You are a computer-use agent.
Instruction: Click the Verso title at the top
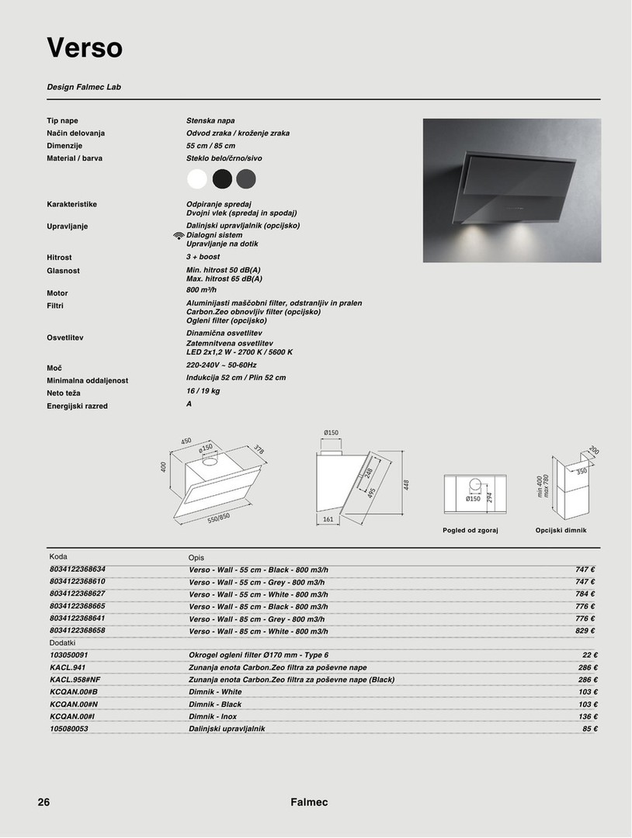coord(85,48)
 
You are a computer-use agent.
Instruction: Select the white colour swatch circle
coord(197,179)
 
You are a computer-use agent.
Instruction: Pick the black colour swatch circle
coord(222,179)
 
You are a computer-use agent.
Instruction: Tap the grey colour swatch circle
coord(245,179)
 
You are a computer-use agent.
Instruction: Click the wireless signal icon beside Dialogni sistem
coord(179,235)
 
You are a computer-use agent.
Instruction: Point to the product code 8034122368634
coord(77,569)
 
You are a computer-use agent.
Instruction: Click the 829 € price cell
coord(585,632)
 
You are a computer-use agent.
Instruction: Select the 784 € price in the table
coord(585,594)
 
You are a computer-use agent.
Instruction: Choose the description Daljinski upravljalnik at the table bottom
coord(227,729)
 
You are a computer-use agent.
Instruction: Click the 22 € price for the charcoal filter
coord(589,655)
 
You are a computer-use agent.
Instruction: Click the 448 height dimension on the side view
coord(405,486)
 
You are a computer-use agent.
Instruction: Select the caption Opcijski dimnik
coord(561,530)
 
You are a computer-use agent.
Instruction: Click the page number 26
coord(43,802)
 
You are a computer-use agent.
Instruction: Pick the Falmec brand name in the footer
coord(310,802)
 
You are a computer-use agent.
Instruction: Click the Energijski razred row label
coord(77,406)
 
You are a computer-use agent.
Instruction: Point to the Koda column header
coord(58,557)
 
